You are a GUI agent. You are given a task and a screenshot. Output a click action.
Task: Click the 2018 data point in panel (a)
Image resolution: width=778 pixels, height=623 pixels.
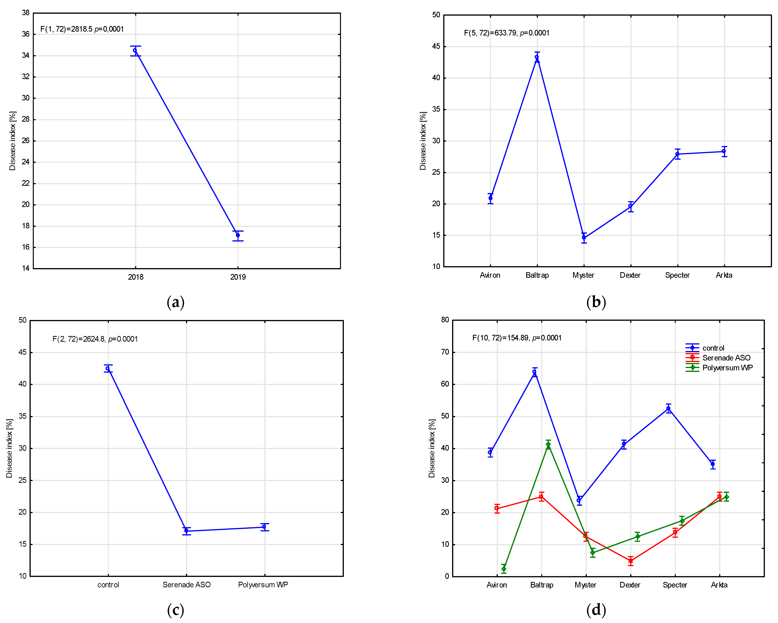point(135,51)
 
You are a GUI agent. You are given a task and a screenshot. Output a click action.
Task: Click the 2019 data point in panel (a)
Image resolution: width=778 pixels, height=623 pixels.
point(238,235)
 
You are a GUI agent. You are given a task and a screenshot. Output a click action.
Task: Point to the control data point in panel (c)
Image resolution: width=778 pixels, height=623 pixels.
point(108,368)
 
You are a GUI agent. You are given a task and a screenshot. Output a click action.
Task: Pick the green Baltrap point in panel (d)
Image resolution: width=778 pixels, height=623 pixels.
point(548,444)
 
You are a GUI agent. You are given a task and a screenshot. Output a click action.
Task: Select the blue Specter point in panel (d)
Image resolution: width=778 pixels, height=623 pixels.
point(668,408)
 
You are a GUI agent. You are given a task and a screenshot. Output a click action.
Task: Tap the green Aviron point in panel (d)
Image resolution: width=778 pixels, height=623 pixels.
point(504,569)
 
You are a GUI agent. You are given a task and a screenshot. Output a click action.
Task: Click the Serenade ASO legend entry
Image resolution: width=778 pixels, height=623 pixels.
point(726,358)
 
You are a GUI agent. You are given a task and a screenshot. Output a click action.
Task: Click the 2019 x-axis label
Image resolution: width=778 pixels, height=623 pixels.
point(238,277)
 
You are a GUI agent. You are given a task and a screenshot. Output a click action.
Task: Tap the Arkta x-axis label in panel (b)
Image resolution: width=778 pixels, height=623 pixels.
point(724,275)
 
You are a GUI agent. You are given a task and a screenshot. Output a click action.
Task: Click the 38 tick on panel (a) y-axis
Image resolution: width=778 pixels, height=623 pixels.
point(26,13)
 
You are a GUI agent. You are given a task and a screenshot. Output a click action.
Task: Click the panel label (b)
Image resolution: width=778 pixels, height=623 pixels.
point(596,302)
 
